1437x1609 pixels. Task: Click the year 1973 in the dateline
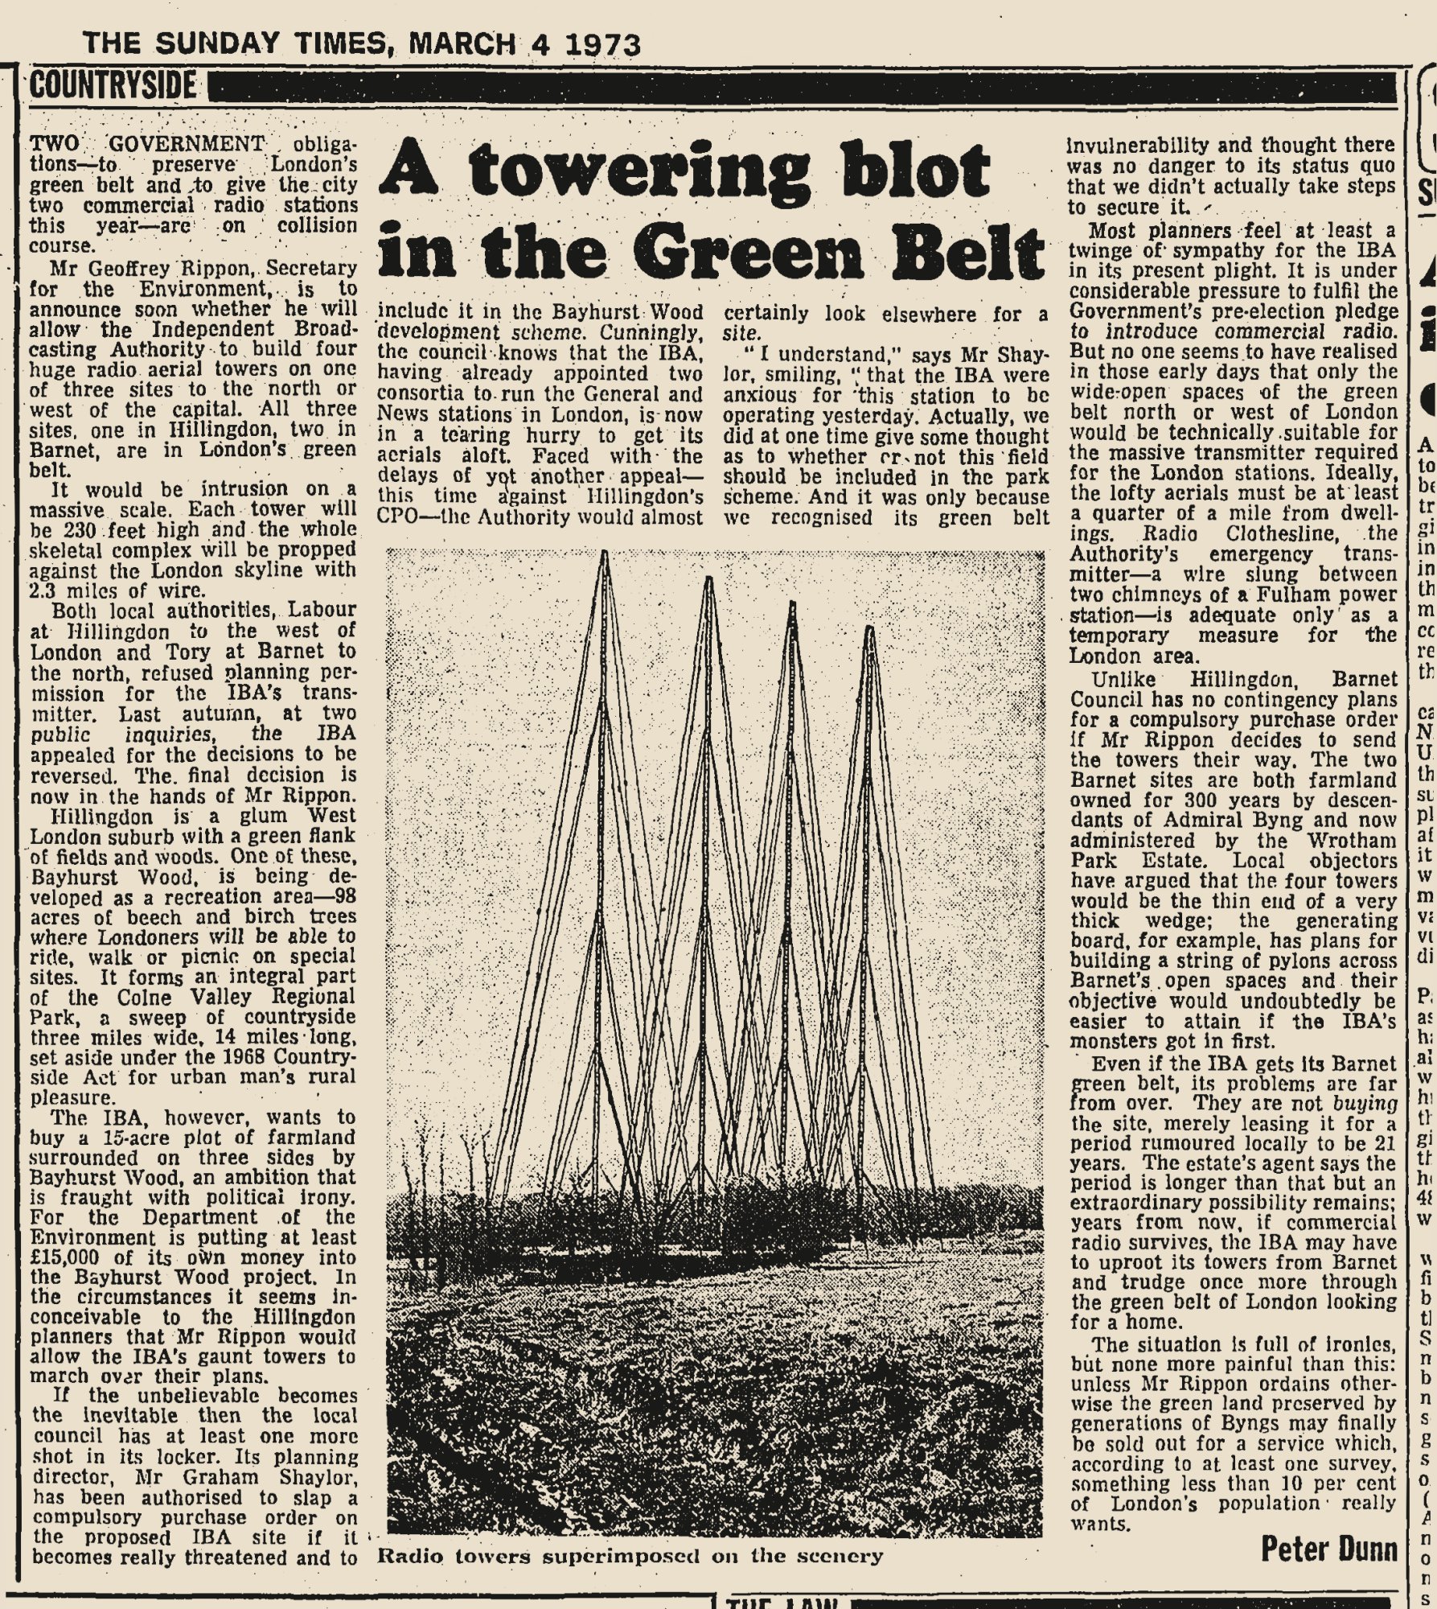tap(602, 43)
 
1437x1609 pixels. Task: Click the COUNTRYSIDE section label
tap(113, 84)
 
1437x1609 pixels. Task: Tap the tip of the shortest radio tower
tap(869, 628)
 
